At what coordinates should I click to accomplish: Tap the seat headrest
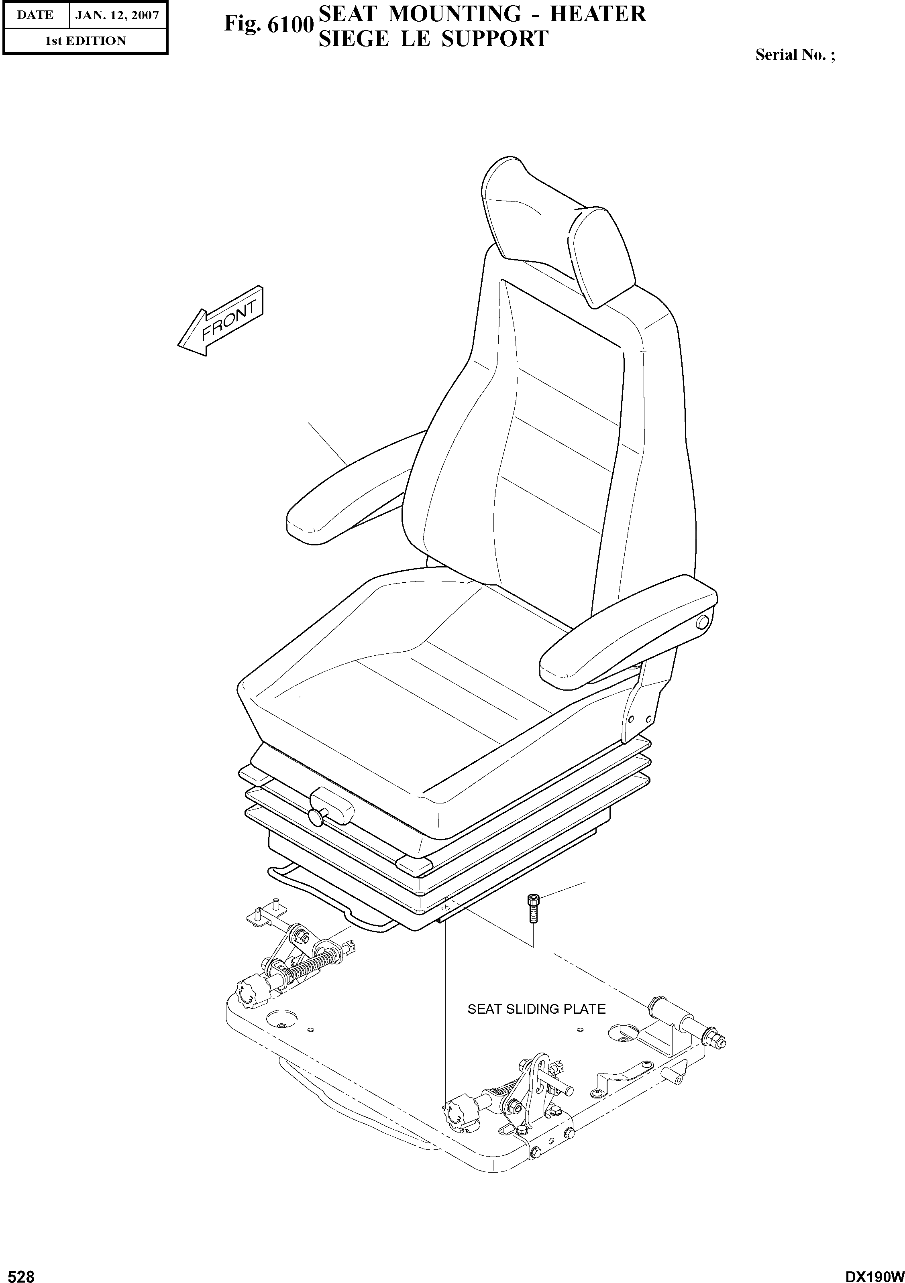tap(559, 229)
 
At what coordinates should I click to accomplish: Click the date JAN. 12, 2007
tap(117, 15)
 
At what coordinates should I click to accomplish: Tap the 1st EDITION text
tap(85, 41)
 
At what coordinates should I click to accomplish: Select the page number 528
tap(18, 1272)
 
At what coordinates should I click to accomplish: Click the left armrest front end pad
tap(305, 521)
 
